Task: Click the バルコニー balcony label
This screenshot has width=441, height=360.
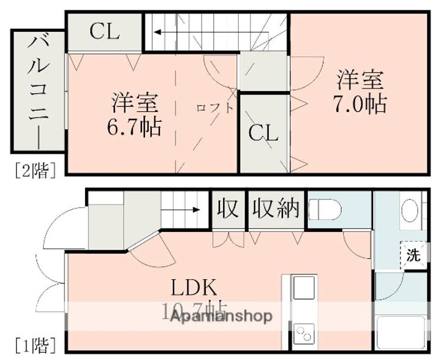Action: coord(38,90)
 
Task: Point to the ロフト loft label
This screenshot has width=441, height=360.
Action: coord(214,108)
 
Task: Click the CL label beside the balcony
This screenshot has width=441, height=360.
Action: coord(104,32)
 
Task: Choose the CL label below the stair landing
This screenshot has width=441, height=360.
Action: coord(264,132)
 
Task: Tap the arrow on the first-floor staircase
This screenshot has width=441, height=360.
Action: coord(184,209)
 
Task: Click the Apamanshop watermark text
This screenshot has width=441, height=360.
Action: coord(221,317)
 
